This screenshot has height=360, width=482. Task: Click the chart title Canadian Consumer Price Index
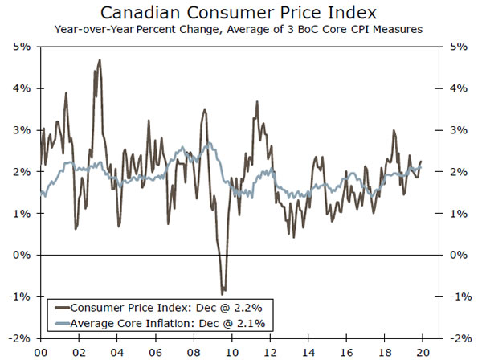point(241,13)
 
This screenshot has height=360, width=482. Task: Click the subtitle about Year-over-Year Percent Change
point(241,30)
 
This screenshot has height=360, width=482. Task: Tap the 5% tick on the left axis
point(22,47)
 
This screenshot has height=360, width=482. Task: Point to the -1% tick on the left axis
point(20,297)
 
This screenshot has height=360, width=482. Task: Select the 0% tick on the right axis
point(459,255)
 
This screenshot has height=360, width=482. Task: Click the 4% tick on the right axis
point(459,88)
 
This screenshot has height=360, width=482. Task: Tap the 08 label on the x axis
point(194,350)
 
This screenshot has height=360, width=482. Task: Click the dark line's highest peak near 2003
point(99,59)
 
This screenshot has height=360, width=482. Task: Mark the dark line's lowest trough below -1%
point(223,293)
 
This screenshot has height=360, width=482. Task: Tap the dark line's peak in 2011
point(257,102)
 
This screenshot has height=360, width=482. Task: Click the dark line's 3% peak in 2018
point(394,131)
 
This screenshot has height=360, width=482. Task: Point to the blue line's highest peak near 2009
point(210,143)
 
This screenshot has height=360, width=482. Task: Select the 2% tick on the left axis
point(22,172)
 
